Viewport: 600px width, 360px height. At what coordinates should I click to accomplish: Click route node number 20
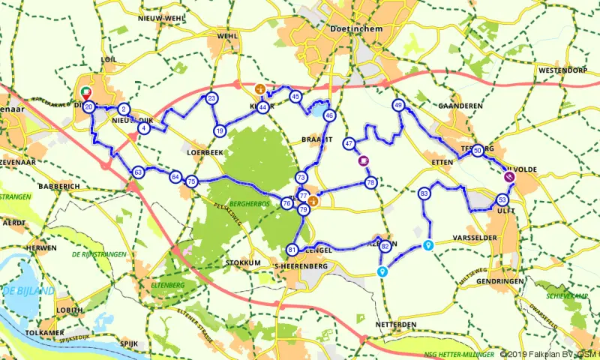pyautogui.click(x=88, y=108)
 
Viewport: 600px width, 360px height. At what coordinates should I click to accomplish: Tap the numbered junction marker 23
pyautogui.click(x=212, y=98)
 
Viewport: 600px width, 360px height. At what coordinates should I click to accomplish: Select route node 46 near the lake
pyautogui.click(x=329, y=115)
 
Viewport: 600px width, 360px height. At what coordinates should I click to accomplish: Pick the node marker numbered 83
pyautogui.click(x=424, y=193)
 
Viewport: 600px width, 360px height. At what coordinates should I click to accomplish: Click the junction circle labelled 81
pyautogui.click(x=292, y=250)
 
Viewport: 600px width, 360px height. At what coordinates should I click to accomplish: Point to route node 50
pyautogui.click(x=478, y=150)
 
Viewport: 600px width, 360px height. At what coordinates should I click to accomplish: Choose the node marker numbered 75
pyautogui.click(x=191, y=181)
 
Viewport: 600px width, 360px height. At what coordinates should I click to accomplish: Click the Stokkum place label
pyautogui.click(x=243, y=263)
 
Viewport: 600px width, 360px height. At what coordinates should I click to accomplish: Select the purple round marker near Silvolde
pyautogui.click(x=509, y=177)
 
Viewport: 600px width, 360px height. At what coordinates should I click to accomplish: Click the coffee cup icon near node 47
pyautogui.click(x=363, y=160)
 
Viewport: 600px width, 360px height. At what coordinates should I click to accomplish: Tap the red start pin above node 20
pyautogui.click(x=86, y=94)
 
